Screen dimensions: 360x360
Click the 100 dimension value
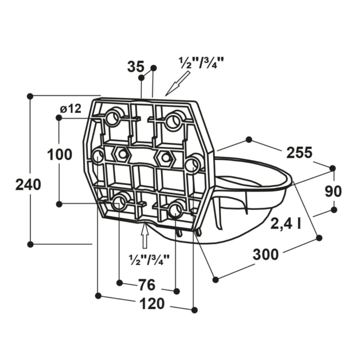click(60, 154)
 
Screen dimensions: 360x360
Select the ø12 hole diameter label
click(71, 108)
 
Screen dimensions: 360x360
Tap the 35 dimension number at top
click(135, 67)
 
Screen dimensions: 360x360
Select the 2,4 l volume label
click(285, 224)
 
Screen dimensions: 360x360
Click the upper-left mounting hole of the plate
click(113, 118)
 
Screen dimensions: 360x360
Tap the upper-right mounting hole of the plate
click(174, 120)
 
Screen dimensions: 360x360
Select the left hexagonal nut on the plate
click(122, 154)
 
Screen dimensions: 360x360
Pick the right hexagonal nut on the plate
click(165, 156)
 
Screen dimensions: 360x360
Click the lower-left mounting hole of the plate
click(120, 201)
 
